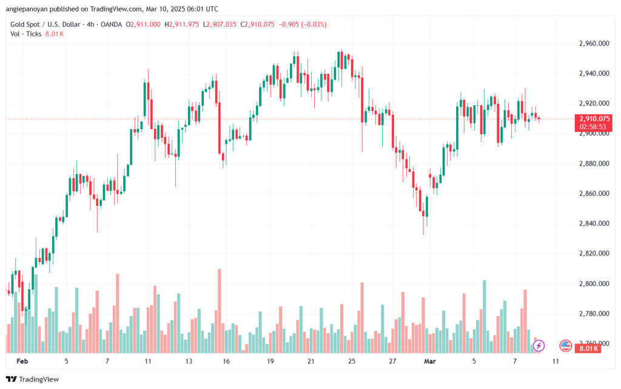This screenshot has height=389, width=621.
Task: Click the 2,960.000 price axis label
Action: coord(594,44)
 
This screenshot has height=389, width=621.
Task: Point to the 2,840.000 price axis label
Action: coord(594,223)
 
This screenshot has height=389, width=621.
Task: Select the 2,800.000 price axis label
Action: coord(594,283)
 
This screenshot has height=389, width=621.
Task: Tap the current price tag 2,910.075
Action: coord(594,119)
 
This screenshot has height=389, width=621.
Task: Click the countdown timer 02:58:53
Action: coord(593,127)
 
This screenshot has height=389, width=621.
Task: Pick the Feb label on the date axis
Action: coord(22,361)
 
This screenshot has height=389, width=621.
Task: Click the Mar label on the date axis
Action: coord(430,361)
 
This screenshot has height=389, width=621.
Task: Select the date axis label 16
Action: coord(226,361)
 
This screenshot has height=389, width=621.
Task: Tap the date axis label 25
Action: coord(352,361)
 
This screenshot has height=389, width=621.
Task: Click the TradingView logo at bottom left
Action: coord(33,379)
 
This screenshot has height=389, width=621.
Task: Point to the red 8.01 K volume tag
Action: coord(588,348)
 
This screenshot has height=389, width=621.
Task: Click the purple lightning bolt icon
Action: coord(539,346)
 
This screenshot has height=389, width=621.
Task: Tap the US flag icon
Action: coord(566,346)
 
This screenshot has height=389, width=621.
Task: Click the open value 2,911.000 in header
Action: coord(146,24)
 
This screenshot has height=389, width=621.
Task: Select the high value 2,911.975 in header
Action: coord(184,24)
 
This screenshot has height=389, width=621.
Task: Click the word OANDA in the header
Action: coord(112,24)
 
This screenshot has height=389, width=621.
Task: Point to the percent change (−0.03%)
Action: coord(314,24)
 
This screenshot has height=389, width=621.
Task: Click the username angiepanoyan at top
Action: coord(25,8)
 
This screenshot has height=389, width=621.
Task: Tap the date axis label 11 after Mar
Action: coord(556,361)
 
